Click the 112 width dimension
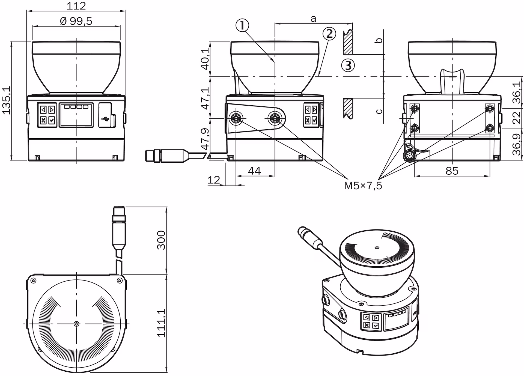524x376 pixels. click(76, 5)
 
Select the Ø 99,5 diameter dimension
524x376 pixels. click(76, 21)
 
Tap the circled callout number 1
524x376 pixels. click(242, 26)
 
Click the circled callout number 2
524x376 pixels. click(329, 34)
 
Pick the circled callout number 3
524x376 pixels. click(348, 65)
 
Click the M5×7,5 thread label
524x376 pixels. click(363, 186)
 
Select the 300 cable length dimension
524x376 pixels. click(161, 240)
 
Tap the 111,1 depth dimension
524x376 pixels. click(161, 323)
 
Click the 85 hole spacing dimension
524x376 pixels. click(452, 171)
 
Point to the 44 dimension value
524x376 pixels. click(254, 171)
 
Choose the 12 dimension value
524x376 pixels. click(214, 180)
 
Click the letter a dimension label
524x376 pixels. click(313, 19)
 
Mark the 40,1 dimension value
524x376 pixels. click(205, 59)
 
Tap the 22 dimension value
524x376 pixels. click(517, 118)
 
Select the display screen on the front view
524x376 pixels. click(76, 115)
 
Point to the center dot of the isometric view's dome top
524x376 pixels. click(377, 248)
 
